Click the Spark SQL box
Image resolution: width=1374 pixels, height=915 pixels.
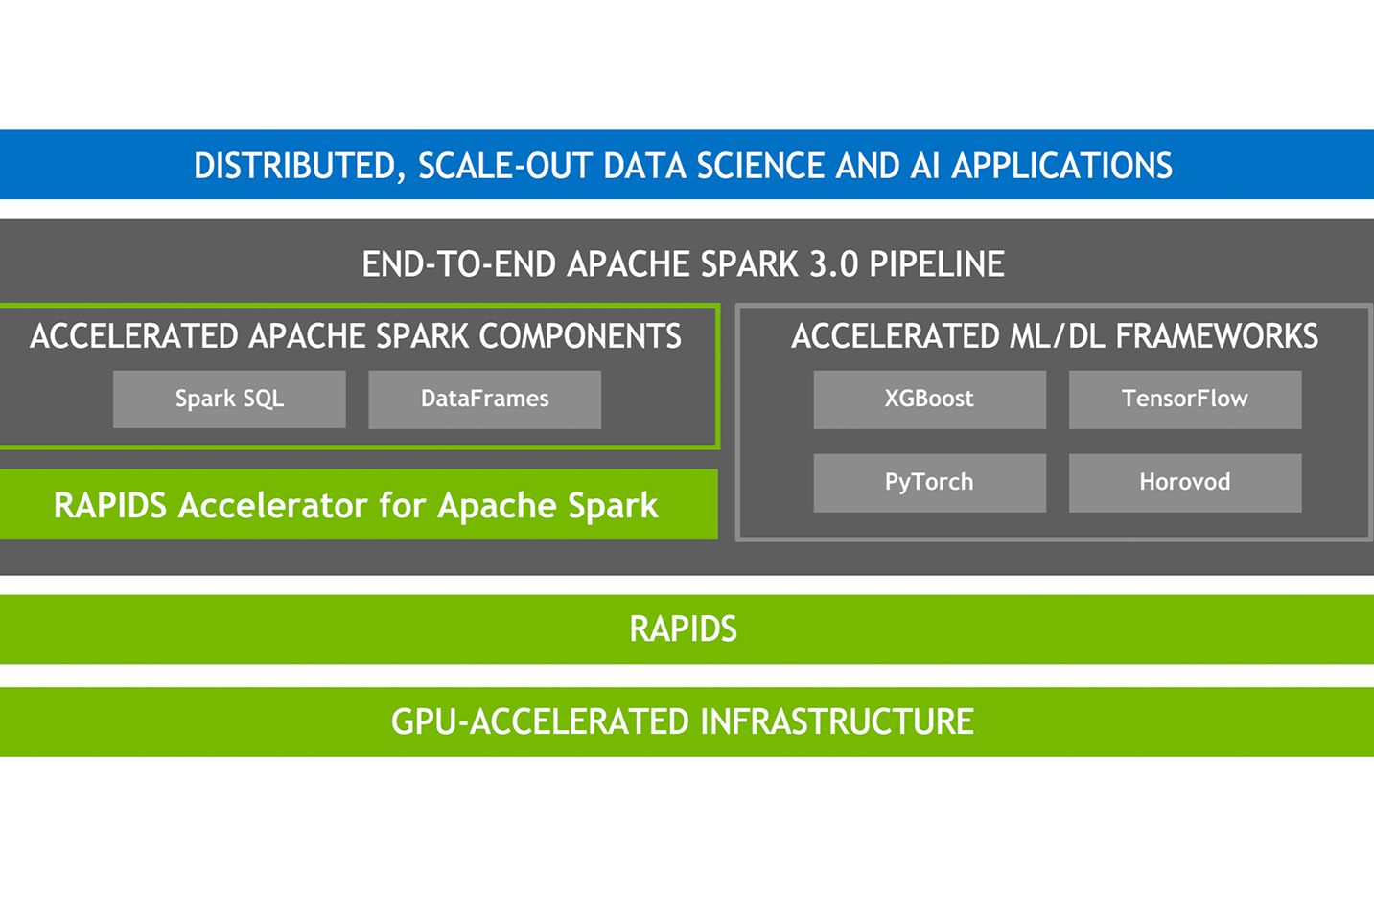pyautogui.click(x=229, y=399)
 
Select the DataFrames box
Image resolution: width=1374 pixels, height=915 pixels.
pyautogui.click(x=484, y=399)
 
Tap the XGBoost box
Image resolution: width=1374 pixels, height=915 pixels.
pyautogui.click(x=929, y=399)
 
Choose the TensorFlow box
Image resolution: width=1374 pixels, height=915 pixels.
pyautogui.click(x=1184, y=399)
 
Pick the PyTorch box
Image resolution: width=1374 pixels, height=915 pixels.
pyautogui.click(x=929, y=482)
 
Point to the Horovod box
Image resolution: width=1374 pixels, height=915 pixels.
pyautogui.click(x=1184, y=482)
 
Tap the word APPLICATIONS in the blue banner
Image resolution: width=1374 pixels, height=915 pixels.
pyautogui.click(x=1061, y=166)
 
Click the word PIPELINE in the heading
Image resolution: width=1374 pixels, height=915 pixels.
pyautogui.click(x=937, y=264)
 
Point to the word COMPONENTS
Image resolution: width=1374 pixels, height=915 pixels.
pyautogui.click(x=580, y=336)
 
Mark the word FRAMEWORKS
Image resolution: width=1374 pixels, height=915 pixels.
pyautogui.click(x=1217, y=336)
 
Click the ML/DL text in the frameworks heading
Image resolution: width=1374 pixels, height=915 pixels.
pyautogui.click(x=1059, y=336)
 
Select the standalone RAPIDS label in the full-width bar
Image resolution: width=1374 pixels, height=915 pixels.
pyautogui.click(x=683, y=629)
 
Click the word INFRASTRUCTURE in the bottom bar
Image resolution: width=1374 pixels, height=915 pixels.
pyautogui.click(x=837, y=721)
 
